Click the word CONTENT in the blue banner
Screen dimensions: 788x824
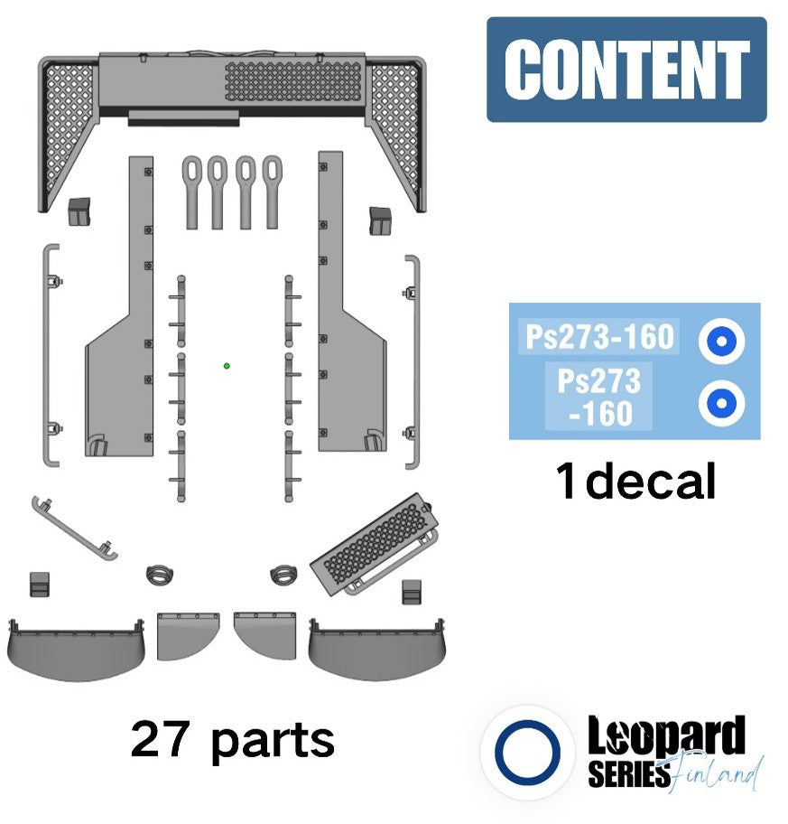click(x=626, y=69)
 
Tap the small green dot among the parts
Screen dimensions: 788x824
click(x=227, y=366)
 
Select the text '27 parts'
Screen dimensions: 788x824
click(x=233, y=740)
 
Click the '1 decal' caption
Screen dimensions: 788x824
click(x=635, y=481)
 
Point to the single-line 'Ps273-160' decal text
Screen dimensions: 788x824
click(x=599, y=336)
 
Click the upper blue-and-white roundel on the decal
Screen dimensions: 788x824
click(x=722, y=341)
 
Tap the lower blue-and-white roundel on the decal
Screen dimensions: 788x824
click(x=722, y=403)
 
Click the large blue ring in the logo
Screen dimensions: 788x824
click(x=527, y=752)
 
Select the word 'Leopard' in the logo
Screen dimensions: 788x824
click(x=666, y=735)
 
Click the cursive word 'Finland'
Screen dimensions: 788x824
click(x=717, y=773)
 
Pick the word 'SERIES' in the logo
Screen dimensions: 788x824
click(x=629, y=773)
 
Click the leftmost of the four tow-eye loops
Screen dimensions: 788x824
click(x=192, y=192)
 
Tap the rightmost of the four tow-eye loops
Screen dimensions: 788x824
click(x=272, y=192)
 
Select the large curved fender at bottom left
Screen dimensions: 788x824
click(x=76, y=651)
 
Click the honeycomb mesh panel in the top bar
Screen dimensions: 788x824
click(x=294, y=81)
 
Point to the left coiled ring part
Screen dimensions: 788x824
click(x=160, y=574)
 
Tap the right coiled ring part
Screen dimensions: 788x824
click(x=283, y=575)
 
